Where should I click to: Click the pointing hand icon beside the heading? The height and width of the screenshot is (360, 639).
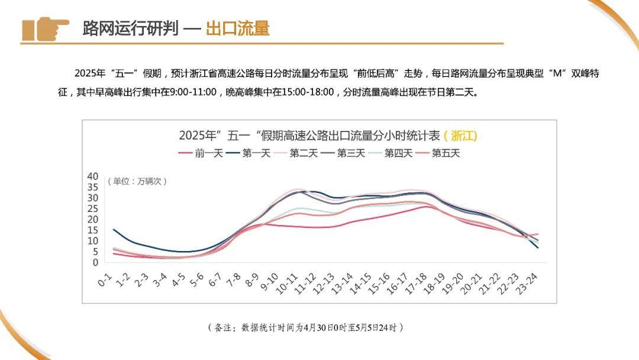(46, 28)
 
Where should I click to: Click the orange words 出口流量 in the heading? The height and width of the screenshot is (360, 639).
(237, 28)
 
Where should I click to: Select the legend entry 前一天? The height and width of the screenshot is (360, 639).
(201, 153)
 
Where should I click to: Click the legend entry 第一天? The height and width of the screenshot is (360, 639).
(248, 153)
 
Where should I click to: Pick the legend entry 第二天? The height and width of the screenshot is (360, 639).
(296, 153)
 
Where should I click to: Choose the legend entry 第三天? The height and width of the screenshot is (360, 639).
(343, 153)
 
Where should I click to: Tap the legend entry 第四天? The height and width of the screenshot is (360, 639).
(390, 153)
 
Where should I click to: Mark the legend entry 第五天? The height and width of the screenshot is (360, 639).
(438, 153)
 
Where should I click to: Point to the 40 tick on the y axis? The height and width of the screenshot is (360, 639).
(92, 176)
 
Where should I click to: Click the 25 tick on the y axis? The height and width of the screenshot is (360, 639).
(92, 208)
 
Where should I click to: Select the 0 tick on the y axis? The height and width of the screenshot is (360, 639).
(95, 262)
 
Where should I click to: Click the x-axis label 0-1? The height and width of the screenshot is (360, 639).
(105, 279)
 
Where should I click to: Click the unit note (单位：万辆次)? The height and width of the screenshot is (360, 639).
(137, 181)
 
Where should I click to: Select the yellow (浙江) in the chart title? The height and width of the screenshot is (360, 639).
(460, 136)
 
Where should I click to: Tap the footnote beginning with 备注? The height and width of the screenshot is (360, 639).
(305, 327)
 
